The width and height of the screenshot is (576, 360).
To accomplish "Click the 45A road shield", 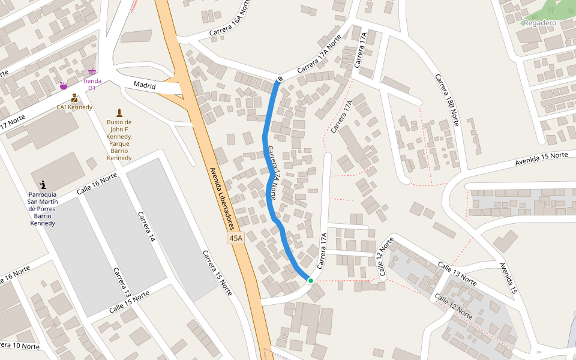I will pyautogui.click(x=236, y=238).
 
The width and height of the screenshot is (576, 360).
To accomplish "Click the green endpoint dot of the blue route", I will pyautogui.click(x=310, y=280).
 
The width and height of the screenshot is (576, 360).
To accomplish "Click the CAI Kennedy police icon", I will pyautogui.click(x=74, y=97).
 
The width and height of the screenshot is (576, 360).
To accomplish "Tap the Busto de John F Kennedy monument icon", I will pyautogui.click(x=119, y=112).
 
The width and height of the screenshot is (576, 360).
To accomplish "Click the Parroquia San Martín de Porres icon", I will pyautogui.click(x=43, y=184).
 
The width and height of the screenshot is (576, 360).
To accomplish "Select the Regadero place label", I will pyautogui.click(x=540, y=23).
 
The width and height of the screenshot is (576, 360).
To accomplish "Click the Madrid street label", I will pyautogui.click(x=145, y=86).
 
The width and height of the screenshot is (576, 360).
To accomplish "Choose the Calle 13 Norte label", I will pyautogui.click(x=457, y=274).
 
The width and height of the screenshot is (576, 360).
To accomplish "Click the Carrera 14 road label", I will pyautogui.click(x=146, y=226).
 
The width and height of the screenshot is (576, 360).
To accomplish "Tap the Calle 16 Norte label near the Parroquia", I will pyautogui.click(x=97, y=184).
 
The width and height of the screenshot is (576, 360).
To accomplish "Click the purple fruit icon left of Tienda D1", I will pyautogui.click(x=63, y=86).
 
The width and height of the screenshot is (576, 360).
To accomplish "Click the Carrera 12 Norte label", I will pyautogui.click(x=386, y=259).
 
